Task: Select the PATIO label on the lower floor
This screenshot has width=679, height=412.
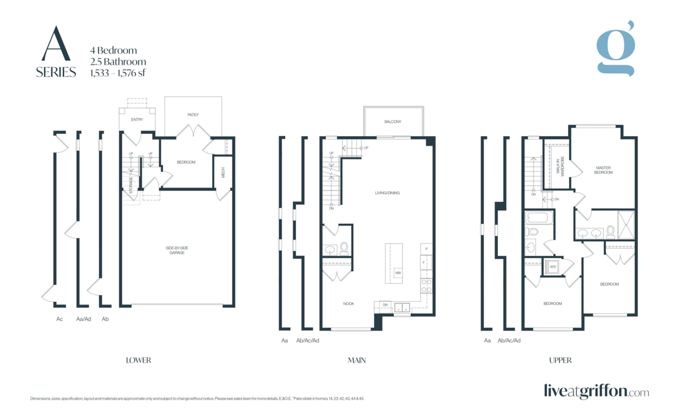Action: coord(193,115)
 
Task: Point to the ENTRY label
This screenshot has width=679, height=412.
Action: coord(137,120)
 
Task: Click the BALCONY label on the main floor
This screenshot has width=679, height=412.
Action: coord(393,122)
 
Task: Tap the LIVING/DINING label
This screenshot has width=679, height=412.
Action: coord(387,193)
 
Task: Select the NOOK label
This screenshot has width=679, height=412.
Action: coord(349,303)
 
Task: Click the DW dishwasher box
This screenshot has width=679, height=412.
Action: coord(385,305)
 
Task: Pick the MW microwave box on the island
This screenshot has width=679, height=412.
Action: coord(398,273)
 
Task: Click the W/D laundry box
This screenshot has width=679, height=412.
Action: coord(552,267)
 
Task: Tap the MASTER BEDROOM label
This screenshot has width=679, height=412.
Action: coord(604,170)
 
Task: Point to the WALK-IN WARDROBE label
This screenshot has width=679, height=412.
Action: coord(559,167)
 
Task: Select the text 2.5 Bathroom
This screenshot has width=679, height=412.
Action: coord(118,62)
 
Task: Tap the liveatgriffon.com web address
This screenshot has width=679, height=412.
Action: coord(596,391)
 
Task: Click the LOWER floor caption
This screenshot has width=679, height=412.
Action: coord(139,360)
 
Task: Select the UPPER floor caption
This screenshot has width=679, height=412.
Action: coord(560,360)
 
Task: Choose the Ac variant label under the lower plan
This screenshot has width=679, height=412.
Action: coord(59,319)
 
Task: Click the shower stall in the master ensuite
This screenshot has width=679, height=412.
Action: coord(626,224)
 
